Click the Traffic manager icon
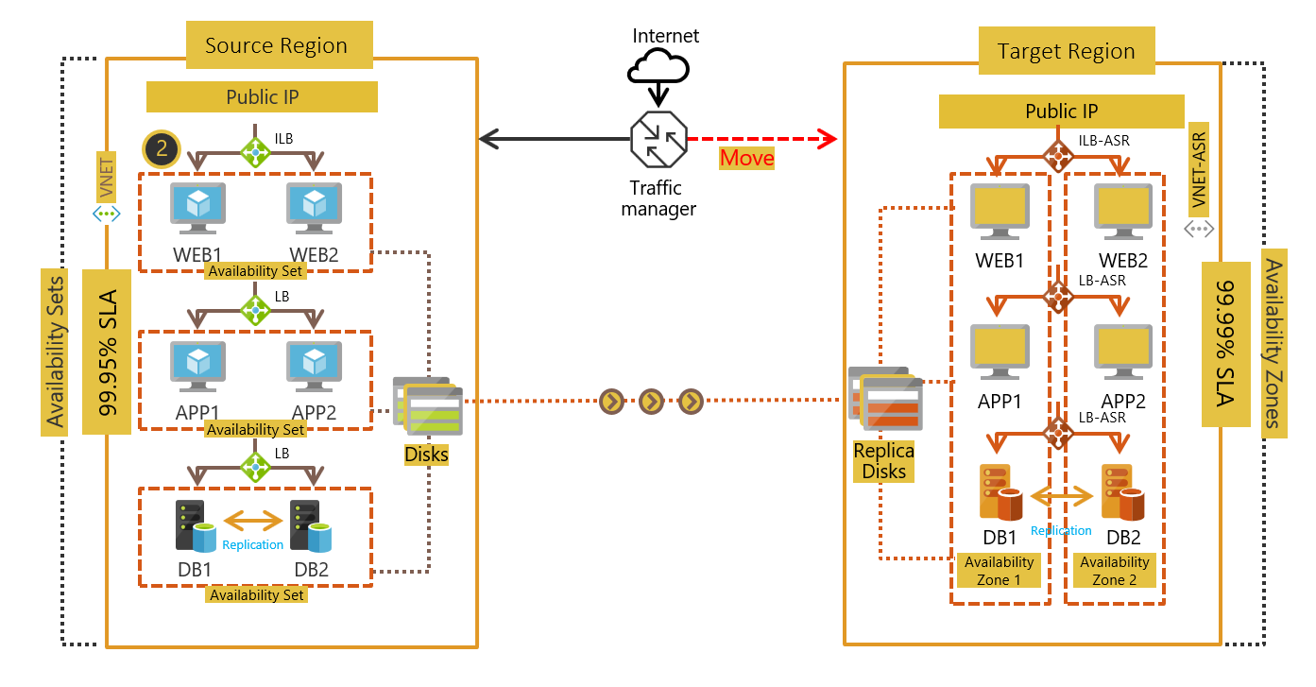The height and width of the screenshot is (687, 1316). (658, 140)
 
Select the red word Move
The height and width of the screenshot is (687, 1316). (746, 158)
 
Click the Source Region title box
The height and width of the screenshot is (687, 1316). (276, 45)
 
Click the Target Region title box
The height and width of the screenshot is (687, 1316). (1066, 51)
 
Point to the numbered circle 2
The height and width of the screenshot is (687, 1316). (162, 148)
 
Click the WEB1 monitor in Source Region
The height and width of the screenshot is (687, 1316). (197, 207)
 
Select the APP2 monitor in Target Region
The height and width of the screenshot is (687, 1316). (1123, 352)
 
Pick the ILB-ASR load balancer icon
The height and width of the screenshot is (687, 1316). (1057, 152)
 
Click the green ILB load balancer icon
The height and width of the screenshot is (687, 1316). (255, 150)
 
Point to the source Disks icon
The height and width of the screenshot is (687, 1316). (428, 405)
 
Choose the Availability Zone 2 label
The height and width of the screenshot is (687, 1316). (1114, 571)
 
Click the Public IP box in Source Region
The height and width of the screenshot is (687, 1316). (262, 96)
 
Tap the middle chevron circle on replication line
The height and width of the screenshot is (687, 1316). (651, 402)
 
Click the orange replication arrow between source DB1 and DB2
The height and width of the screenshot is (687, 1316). (253, 521)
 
